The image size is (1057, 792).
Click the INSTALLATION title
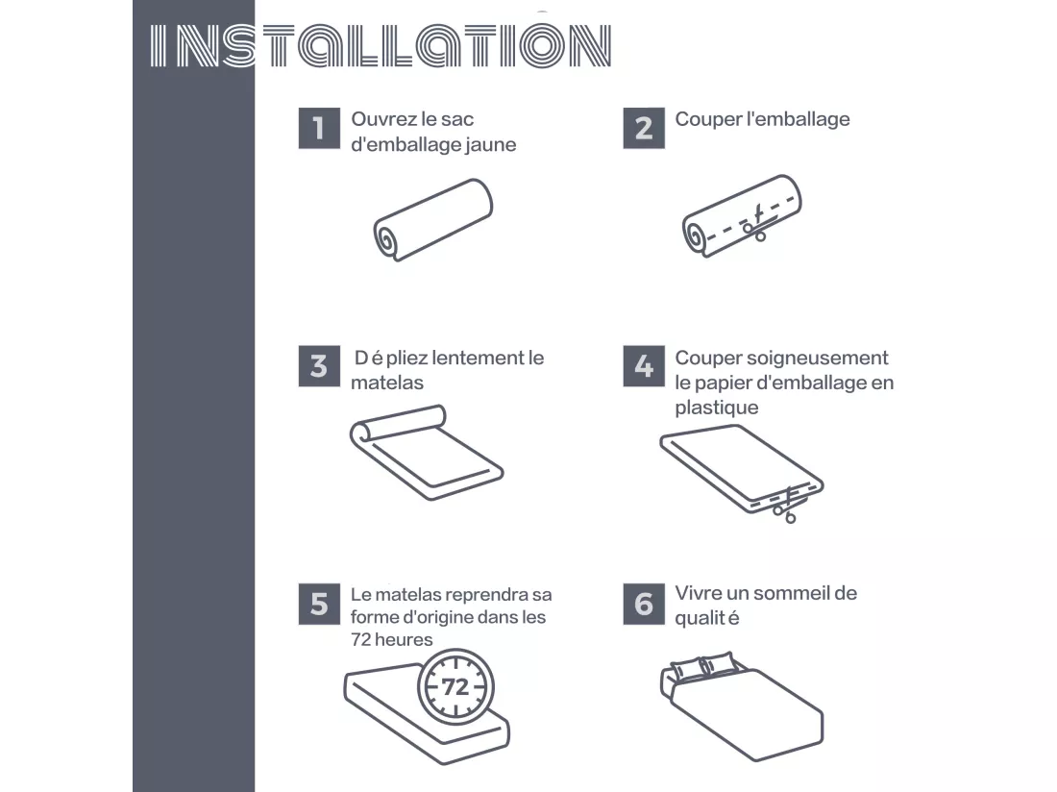[x=381, y=46]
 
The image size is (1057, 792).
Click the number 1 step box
[x=319, y=128]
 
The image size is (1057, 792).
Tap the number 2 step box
[x=644, y=128]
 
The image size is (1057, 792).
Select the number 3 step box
[x=319, y=366]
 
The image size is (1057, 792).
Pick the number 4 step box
[x=644, y=366]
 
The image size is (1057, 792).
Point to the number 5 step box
[x=319, y=604]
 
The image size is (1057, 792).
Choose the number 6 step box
[x=644, y=604]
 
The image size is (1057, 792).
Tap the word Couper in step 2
[x=707, y=120]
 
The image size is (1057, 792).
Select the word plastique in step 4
[x=717, y=408]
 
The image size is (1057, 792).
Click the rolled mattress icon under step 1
[x=432, y=219]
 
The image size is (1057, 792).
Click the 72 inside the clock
[x=455, y=687]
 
